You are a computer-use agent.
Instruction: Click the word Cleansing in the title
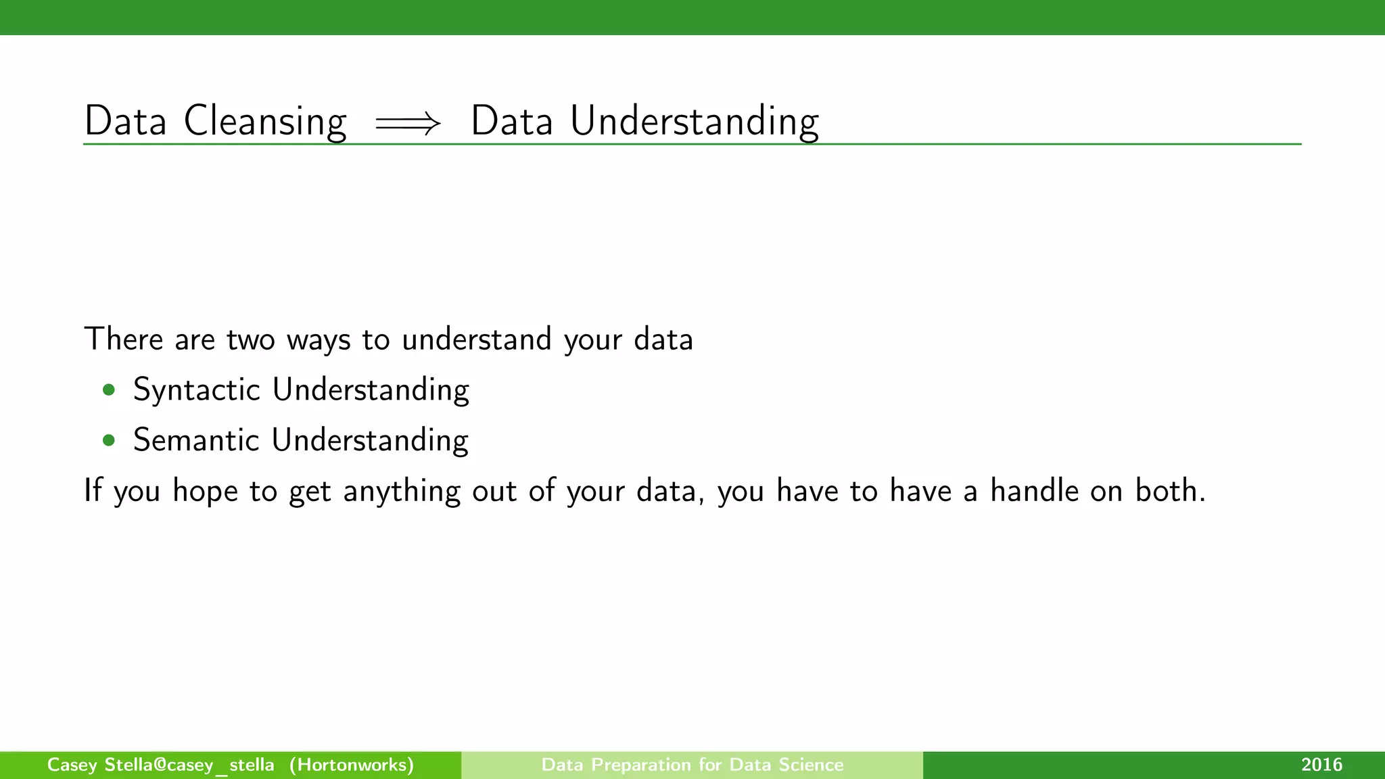265,122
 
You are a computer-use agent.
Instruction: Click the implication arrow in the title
408,124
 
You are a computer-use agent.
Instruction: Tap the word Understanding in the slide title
695,122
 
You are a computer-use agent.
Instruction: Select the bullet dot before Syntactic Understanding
108,390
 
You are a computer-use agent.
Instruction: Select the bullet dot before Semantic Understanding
108,441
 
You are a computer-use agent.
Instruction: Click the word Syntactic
197,390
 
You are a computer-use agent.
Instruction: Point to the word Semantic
196,440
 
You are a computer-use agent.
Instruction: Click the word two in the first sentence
250,339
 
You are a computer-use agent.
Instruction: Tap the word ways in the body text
319,339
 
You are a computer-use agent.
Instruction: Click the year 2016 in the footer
1321,765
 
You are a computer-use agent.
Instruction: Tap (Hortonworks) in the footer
352,765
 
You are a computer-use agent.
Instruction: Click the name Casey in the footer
72,765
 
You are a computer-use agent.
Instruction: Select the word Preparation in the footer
641,765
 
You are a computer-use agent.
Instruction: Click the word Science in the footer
811,765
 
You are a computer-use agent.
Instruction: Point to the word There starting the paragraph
123,339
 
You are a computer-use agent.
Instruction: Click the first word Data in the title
125,122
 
